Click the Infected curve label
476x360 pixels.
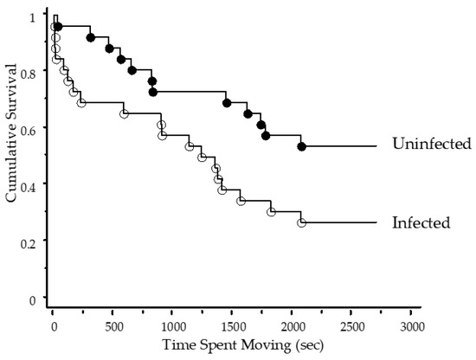click(x=421, y=222)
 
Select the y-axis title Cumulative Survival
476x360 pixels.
click(x=11, y=151)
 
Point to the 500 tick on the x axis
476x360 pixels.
click(x=113, y=326)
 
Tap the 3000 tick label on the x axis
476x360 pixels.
click(x=412, y=326)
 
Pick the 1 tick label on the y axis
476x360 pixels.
click(x=34, y=16)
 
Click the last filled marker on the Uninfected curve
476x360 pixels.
click(x=301, y=146)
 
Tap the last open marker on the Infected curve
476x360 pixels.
click(x=301, y=222)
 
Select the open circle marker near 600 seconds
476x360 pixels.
click(x=124, y=113)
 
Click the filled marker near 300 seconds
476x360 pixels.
click(x=91, y=37)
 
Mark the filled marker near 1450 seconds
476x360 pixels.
click(x=227, y=102)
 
